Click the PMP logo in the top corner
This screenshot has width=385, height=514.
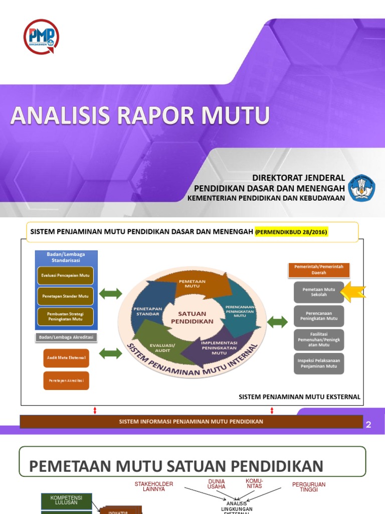[x=41, y=36]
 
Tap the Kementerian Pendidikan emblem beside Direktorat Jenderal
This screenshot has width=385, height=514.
[x=361, y=188]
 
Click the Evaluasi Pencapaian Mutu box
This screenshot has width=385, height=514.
[x=65, y=276]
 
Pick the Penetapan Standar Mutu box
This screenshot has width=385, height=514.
[x=65, y=296]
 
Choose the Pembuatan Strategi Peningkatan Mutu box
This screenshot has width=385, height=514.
[x=65, y=316]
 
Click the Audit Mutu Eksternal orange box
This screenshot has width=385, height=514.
[x=66, y=358]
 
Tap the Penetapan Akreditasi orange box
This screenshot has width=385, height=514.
[x=66, y=380]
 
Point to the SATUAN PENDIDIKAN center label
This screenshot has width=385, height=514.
[x=192, y=317]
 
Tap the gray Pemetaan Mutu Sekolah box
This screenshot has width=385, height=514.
[x=318, y=292]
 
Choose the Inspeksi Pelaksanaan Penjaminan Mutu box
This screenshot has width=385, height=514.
[x=318, y=363]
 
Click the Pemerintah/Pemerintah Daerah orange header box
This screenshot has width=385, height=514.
[x=318, y=270]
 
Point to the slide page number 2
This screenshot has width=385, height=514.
[x=368, y=425]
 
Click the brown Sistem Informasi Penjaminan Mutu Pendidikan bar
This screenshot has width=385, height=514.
[x=191, y=422]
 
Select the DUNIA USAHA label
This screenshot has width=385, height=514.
[x=217, y=484]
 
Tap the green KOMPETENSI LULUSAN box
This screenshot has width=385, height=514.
[x=66, y=499]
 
